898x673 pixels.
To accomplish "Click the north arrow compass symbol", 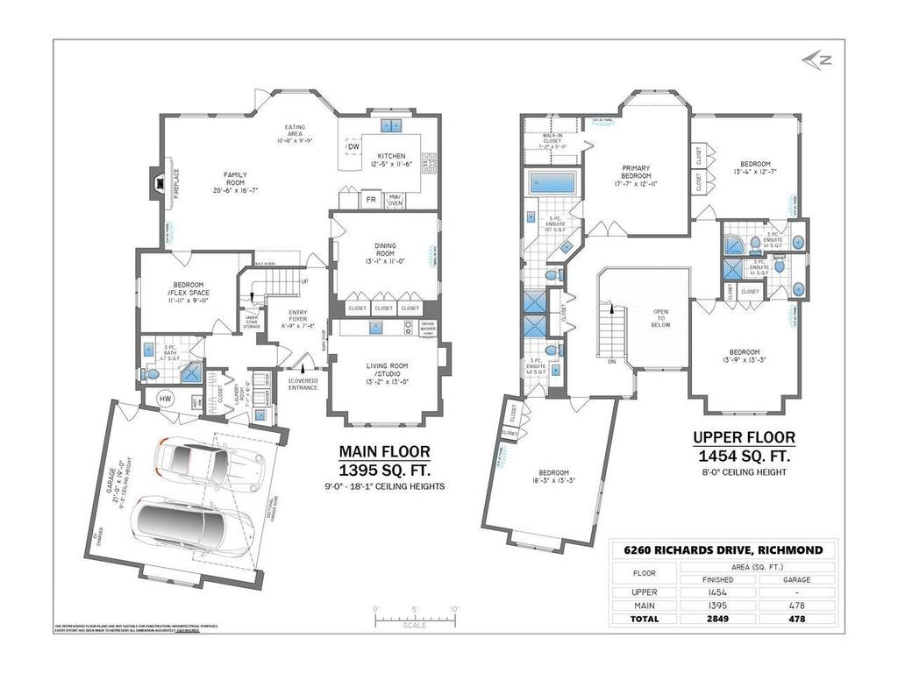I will click(x=817, y=60).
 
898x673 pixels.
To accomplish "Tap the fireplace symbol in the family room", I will click(x=158, y=183).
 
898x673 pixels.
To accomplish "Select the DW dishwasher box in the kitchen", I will click(x=353, y=146).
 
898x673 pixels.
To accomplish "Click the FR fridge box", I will click(x=372, y=199).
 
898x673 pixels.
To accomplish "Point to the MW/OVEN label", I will click(x=395, y=200).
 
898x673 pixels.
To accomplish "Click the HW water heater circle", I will click(x=165, y=400).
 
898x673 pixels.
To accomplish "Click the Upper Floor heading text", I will click(x=744, y=437).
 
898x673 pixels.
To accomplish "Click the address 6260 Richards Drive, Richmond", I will click(x=723, y=549).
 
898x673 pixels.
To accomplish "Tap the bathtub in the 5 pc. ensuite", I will click(x=551, y=183).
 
